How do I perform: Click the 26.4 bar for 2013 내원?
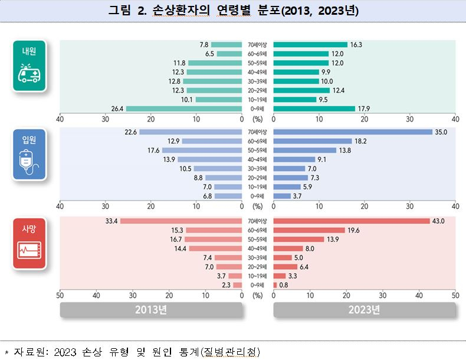(x=184, y=109)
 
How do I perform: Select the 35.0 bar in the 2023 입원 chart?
(x=353, y=132)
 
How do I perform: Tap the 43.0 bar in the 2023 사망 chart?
(x=352, y=221)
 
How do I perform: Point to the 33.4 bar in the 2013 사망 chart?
(x=181, y=221)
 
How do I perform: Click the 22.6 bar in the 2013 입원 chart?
(x=191, y=132)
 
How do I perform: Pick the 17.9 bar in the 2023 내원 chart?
(x=314, y=109)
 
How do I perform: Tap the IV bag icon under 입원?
(x=29, y=162)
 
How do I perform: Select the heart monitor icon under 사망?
(x=29, y=251)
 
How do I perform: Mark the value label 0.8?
(x=284, y=285)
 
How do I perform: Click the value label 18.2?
(x=361, y=141)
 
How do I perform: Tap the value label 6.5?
(x=209, y=54)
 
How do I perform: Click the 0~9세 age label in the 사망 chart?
(x=258, y=285)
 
